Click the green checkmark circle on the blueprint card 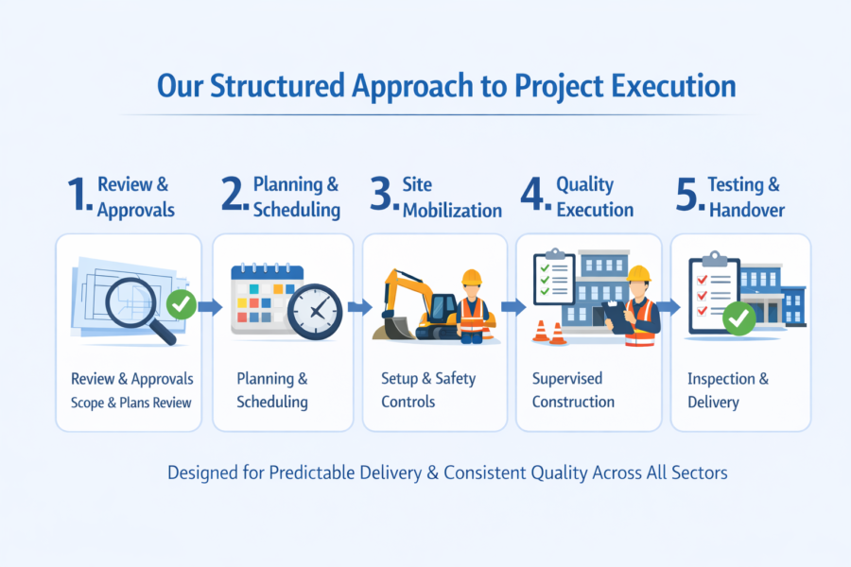point(181,304)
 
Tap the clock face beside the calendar point(316,312)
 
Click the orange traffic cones point(549,332)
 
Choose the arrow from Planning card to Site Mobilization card point(359,307)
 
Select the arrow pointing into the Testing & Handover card point(669,307)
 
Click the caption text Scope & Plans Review point(131,403)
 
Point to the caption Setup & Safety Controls point(428,389)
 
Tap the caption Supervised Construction point(573,389)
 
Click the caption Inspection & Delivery point(728,389)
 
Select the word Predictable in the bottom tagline point(302,472)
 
